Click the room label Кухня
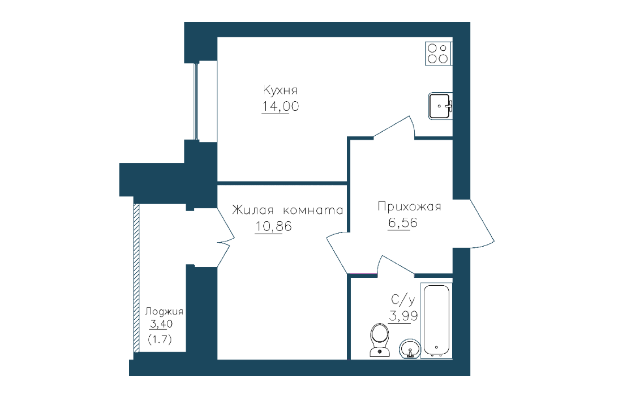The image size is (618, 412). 280,90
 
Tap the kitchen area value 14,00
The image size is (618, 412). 280,106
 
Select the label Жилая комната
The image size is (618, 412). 287,209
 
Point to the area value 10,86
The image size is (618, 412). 273,226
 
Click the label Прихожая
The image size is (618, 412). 409,206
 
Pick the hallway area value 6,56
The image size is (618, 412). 402,223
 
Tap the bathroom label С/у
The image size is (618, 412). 403,300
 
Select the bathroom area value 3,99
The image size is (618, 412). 403,316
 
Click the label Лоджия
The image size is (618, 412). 164,311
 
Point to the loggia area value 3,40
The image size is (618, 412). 161,324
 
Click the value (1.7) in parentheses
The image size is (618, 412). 160,340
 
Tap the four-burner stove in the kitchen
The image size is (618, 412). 438,54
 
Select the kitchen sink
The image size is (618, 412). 440,106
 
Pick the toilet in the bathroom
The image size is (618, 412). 380,340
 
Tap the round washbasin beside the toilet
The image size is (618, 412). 410,349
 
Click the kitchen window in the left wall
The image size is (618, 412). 196,101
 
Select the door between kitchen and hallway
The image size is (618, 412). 394,127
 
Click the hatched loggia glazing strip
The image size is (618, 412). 136,278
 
